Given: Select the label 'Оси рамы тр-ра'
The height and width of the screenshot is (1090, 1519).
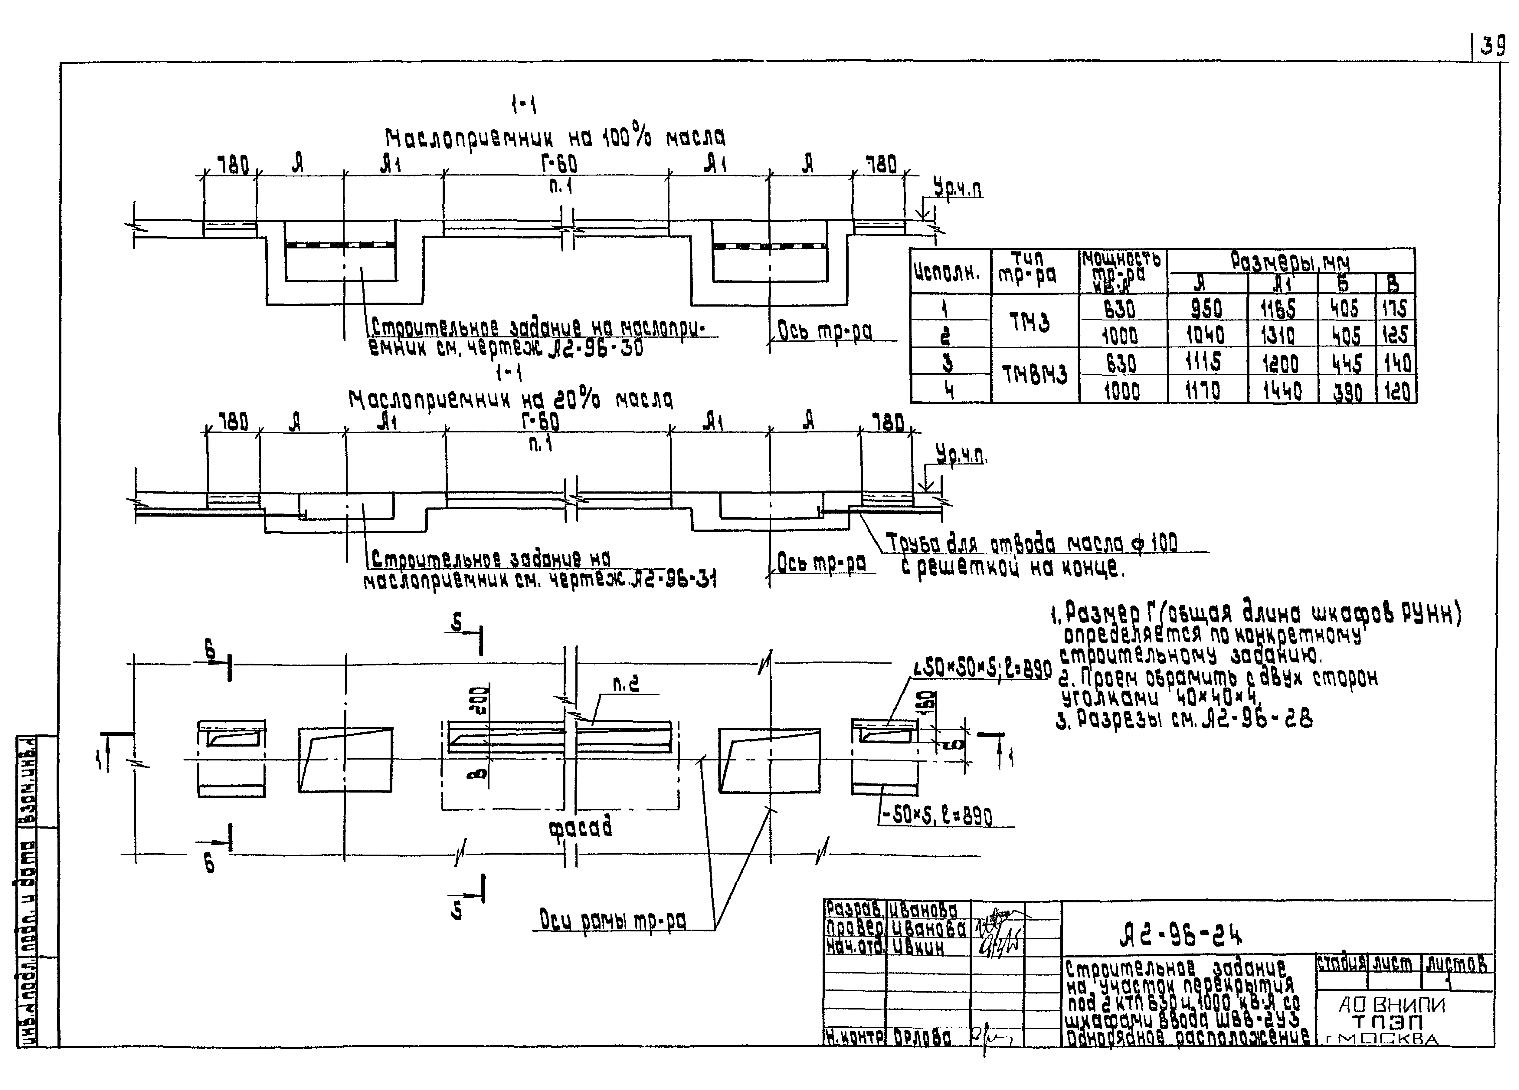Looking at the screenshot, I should pos(613,921).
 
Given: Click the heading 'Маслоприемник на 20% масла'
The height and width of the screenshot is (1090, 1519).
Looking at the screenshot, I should pos(510,401).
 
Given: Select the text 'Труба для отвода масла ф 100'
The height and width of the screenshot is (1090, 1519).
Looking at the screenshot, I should pos(1031,543).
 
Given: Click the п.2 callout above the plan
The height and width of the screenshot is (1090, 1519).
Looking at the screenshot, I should pos(626,684).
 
